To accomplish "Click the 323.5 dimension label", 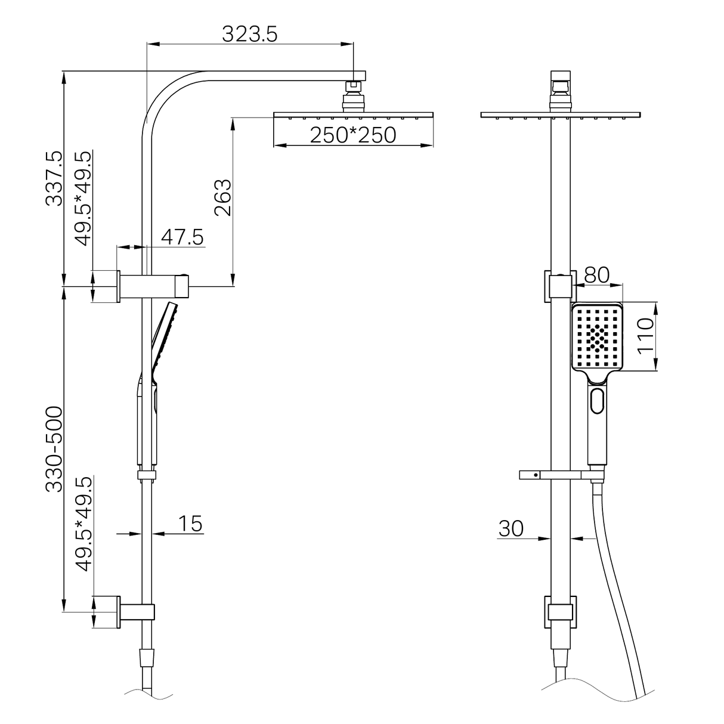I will (250, 34).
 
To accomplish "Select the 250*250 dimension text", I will (352, 135).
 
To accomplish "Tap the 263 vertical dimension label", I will (222, 198).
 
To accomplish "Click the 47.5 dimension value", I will (182, 237).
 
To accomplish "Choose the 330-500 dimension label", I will (54, 448).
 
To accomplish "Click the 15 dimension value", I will (190, 524).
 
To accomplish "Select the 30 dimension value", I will (510, 528).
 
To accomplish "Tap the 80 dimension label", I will (596, 275).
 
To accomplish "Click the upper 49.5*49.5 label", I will (83, 198).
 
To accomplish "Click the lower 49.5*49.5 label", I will (83, 524).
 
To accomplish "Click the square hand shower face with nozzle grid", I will (597, 337).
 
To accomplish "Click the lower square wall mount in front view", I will (560, 612).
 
